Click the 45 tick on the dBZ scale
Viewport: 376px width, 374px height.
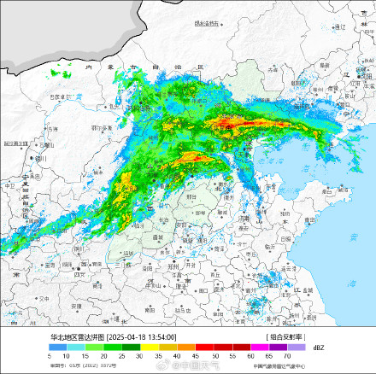coord(195,356)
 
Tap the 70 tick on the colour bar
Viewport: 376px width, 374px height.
coord(287,356)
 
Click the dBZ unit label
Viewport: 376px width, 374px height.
coord(318,348)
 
